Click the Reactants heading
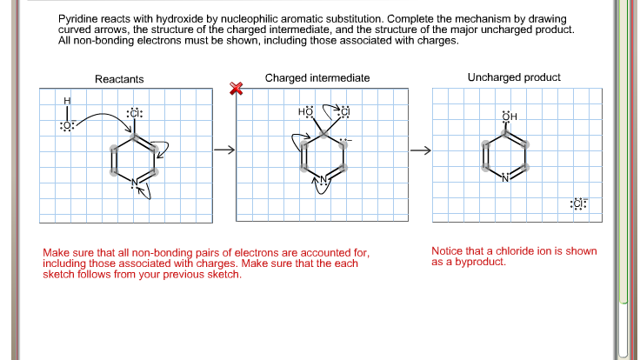(x=119, y=79)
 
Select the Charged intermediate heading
(x=317, y=78)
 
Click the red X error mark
(x=235, y=89)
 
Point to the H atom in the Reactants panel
(x=67, y=102)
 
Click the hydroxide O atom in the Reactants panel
(x=67, y=126)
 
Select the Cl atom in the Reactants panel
(x=134, y=113)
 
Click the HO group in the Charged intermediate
(x=305, y=112)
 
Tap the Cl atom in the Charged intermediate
(x=343, y=112)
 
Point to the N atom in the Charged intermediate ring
(x=323, y=180)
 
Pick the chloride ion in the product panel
(x=578, y=203)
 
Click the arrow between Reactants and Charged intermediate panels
(x=224, y=150)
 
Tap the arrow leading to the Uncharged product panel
(x=421, y=150)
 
